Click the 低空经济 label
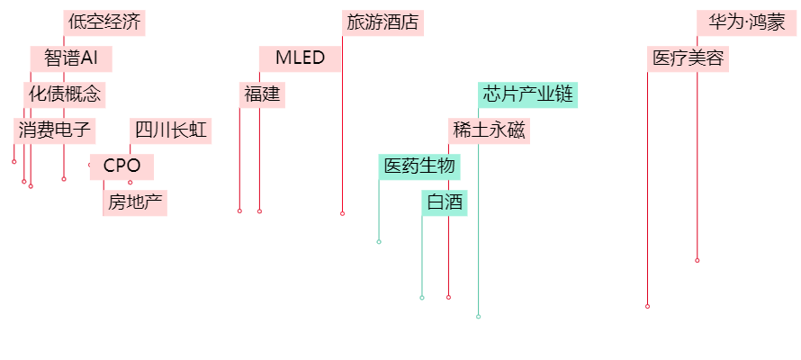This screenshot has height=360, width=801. [x=104, y=23]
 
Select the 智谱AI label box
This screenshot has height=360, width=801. [x=71, y=59]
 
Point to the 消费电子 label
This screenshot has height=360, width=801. [x=55, y=130]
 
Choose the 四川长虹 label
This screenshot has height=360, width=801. [x=171, y=130]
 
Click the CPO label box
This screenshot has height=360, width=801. [x=121, y=166]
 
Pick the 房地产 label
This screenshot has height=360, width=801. [x=135, y=202]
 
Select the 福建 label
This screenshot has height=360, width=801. [x=262, y=94]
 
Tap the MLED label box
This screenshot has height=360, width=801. [x=300, y=59]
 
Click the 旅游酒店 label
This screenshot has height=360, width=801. [x=383, y=23]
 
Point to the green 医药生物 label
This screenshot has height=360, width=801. [x=419, y=166]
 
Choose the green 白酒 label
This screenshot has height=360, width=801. [x=445, y=202]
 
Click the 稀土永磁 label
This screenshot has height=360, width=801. [x=489, y=130]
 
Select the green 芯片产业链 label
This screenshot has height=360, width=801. [x=528, y=94]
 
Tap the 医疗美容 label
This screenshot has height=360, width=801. [x=688, y=59]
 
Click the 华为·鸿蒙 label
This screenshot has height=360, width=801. [x=746, y=23]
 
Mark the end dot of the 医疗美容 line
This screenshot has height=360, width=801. [x=648, y=306]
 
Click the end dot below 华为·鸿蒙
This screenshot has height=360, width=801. [x=697, y=260]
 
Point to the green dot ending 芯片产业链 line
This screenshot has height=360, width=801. [x=479, y=317]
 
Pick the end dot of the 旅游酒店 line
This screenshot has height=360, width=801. [x=343, y=213]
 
